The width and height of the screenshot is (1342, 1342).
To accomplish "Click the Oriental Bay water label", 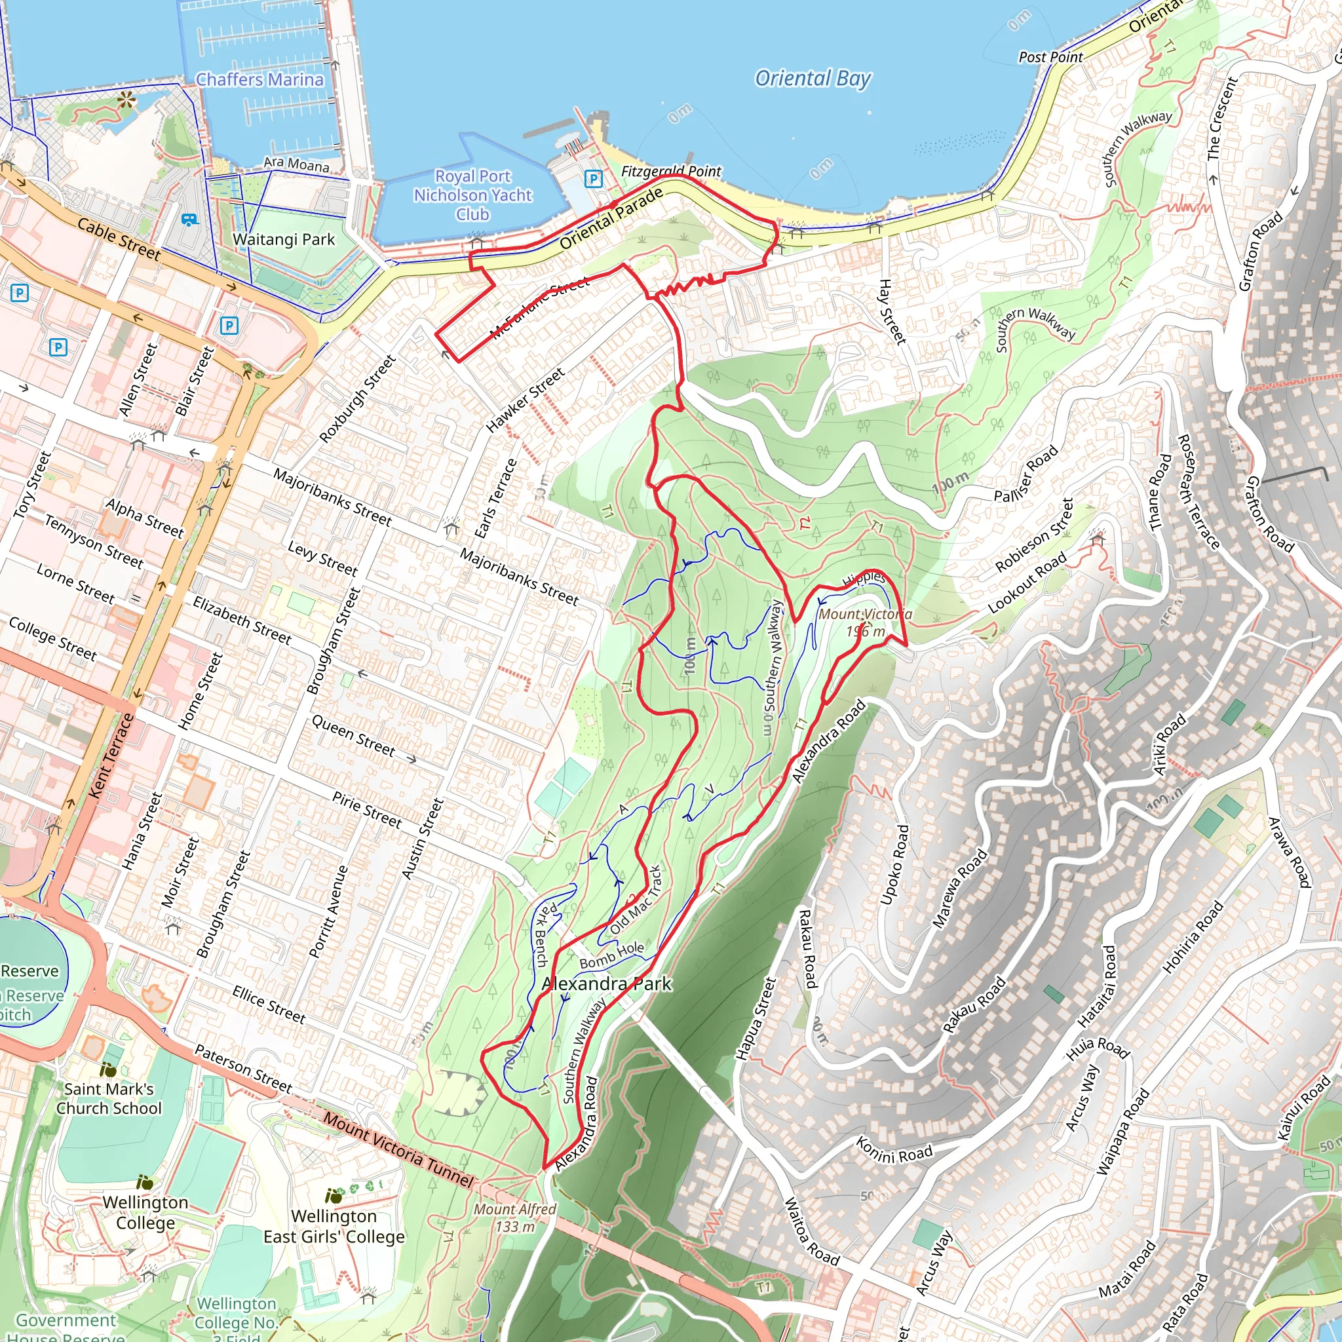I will click(812, 79).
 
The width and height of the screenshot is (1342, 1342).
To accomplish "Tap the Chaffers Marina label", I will click(259, 80).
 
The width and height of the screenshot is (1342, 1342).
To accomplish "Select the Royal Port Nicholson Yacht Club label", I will click(472, 195).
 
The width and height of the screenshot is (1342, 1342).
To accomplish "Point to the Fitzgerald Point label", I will click(670, 171).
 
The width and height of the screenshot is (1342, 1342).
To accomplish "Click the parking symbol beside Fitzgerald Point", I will click(593, 178).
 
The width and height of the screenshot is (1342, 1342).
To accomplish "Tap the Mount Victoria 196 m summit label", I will click(864, 623).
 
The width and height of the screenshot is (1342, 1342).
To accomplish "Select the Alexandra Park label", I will click(606, 984).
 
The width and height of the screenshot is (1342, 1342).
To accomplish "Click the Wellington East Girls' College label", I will click(334, 1227).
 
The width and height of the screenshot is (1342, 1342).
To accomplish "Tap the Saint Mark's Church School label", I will click(109, 1098).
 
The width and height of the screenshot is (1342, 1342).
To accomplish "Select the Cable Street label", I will click(118, 239).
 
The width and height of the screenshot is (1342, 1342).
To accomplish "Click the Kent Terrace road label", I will click(111, 755).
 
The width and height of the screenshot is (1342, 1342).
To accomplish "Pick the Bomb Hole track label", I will click(611, 956).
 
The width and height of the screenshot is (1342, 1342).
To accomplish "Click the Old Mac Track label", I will click(636, 900).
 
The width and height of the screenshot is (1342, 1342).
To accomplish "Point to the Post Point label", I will click(1050, 57).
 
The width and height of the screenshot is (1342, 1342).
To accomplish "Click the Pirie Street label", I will click(367, 810).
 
